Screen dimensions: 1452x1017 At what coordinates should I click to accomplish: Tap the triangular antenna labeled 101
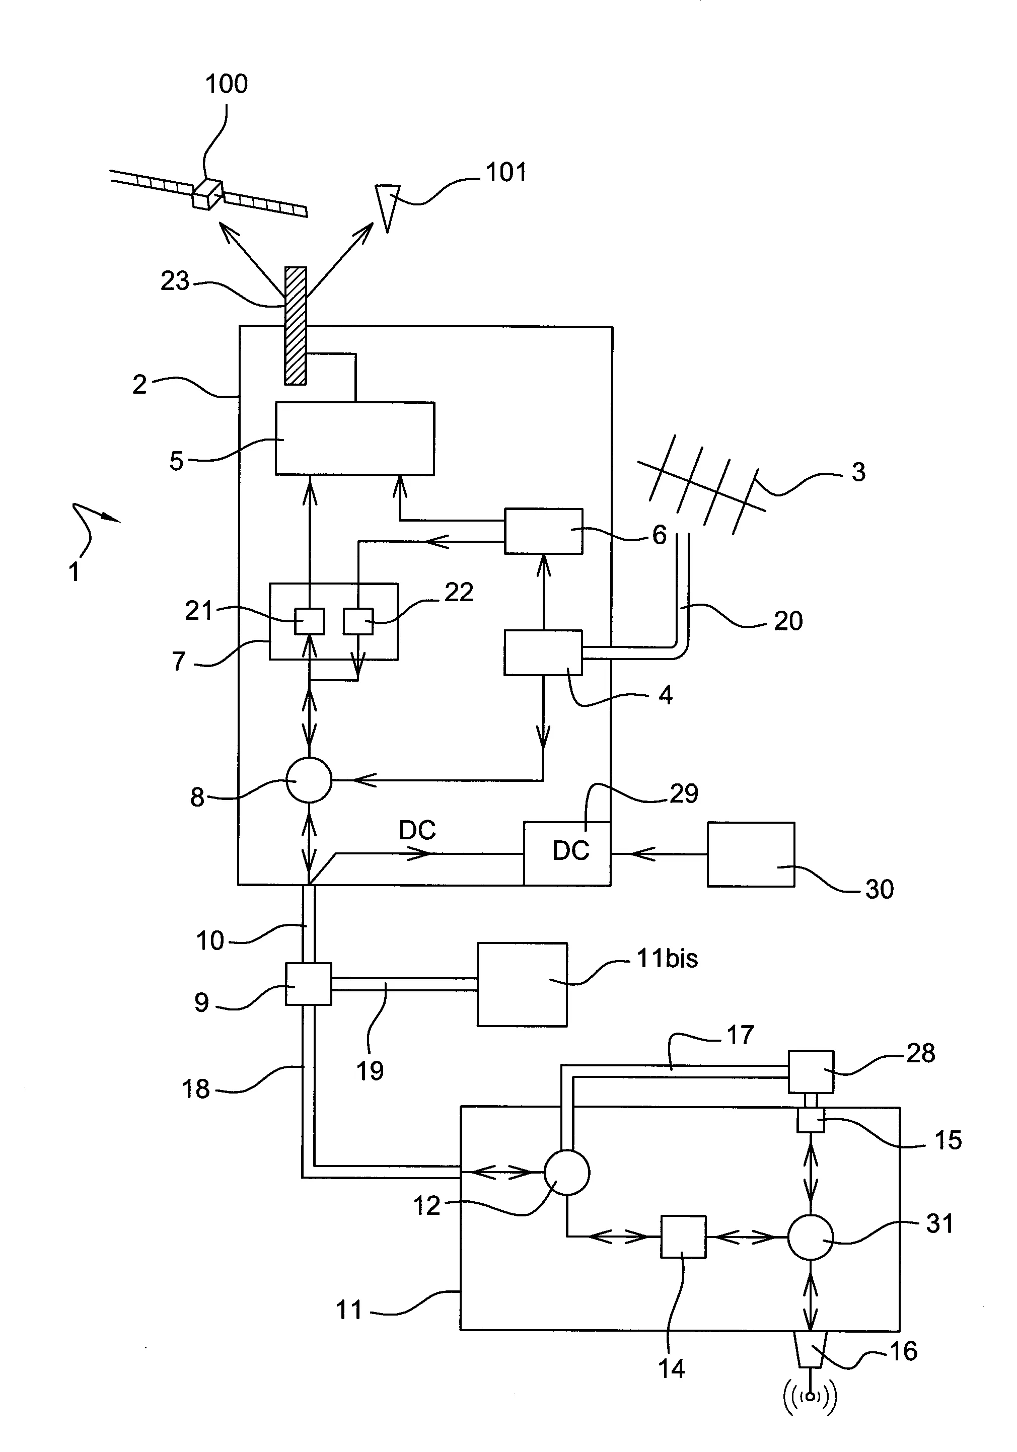(x=387, y=203)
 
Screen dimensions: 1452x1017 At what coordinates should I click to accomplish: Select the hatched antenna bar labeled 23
(x=296, y=325)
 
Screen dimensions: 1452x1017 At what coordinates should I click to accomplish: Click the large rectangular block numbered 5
(x=355, y=438)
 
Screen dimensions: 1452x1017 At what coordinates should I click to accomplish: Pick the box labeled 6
(x=543, y=531)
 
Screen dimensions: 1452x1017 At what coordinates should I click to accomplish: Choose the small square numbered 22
(x=358, y=621)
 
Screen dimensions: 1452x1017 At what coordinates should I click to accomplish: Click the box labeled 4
(x=543, y=652)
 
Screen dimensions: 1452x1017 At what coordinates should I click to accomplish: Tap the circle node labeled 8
(x=309, y=780)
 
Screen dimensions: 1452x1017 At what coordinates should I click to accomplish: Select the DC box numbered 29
(x=567, y=853)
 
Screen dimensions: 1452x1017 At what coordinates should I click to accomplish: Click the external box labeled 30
(x=751, y=854)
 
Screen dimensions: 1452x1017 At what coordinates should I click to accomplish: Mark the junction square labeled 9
(x=308, y=983)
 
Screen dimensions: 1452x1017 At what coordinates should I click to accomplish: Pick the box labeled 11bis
(x=522, y=984)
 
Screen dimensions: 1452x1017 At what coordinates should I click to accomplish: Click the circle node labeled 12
(x=567, y=1172)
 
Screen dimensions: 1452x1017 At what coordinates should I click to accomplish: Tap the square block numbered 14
(x=683, y=1237)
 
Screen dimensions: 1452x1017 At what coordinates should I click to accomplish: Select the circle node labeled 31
(x=810, y=1237)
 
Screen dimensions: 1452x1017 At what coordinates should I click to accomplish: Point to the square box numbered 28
(x=811, y=1071)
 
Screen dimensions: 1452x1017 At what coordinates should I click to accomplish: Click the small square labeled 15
(x=810, y=1121)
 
